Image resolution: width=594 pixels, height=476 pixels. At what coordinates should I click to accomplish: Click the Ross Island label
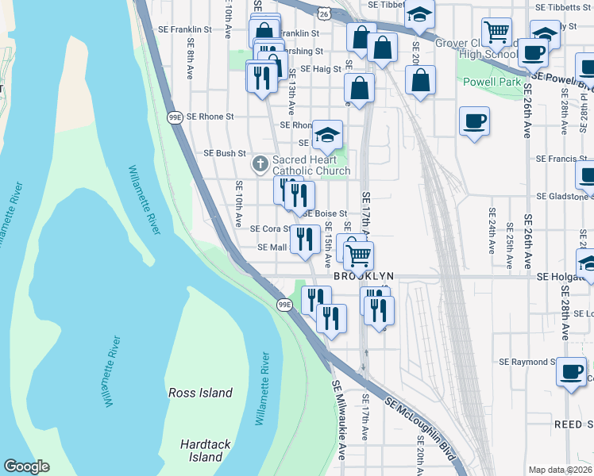(x=200, y=393)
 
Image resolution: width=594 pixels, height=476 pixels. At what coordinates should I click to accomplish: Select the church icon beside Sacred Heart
(x=260, y=165)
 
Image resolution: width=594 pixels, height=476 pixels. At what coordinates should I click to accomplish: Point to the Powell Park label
(x=494, y=82)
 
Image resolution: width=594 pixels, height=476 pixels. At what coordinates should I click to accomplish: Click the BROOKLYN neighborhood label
(x=363, y=276)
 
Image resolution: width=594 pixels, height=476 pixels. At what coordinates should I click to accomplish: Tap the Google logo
(x=26, y=466)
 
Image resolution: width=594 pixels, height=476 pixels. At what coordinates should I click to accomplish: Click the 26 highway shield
(x=322, y=13)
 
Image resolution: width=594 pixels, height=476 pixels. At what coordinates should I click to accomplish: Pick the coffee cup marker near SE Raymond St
(x=571, y=371)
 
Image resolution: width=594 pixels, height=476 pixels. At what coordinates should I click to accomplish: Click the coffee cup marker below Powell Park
(x=474, y=121)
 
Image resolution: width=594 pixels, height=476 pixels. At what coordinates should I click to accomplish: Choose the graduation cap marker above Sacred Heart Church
(x=326, y=134)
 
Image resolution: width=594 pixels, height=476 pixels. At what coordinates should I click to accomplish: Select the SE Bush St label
(x=226, y=153)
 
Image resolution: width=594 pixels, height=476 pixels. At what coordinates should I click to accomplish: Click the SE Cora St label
(x=272, y=228)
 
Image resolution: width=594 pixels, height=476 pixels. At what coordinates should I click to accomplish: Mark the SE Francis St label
(x=565, y=159)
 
